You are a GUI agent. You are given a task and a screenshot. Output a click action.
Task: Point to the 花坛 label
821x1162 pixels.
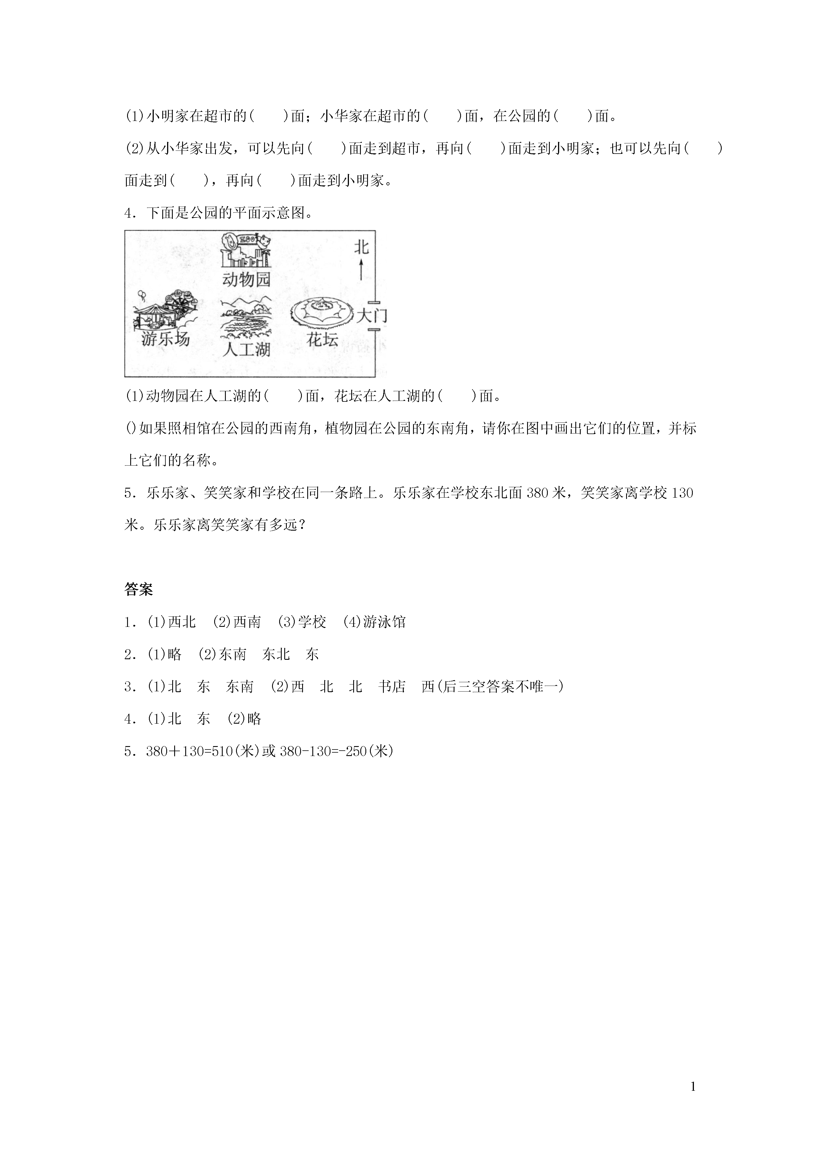click(322, 339)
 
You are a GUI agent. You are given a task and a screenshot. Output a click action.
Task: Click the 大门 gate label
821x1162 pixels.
click(372, 316)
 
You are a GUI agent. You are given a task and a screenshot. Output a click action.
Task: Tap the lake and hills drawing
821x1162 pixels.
click(246, 319)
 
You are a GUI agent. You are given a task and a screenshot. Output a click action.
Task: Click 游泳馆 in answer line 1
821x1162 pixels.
click(384, 622)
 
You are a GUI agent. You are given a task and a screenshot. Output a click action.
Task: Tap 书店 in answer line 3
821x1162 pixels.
click(392, 687)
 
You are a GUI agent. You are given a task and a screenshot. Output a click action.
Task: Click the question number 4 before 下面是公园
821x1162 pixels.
click(128, 213)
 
